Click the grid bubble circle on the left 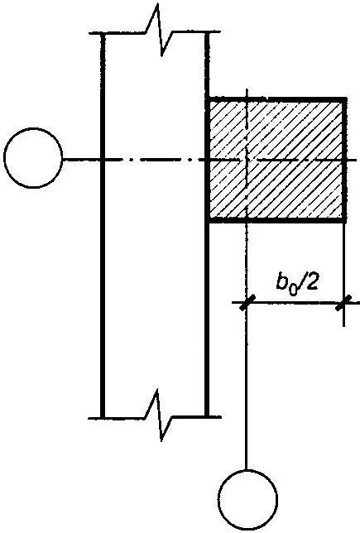33,129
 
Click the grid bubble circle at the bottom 247,471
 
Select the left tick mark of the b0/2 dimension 247,302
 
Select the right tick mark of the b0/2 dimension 343,302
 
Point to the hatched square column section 276,160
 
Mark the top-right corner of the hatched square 345,99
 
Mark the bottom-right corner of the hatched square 345,221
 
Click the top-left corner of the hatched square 207,99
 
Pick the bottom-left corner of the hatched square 207,221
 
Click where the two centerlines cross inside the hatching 247,160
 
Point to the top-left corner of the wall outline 103,33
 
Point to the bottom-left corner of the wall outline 103,417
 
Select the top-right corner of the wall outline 207,32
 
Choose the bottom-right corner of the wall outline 207,416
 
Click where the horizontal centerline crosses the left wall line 103,159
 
